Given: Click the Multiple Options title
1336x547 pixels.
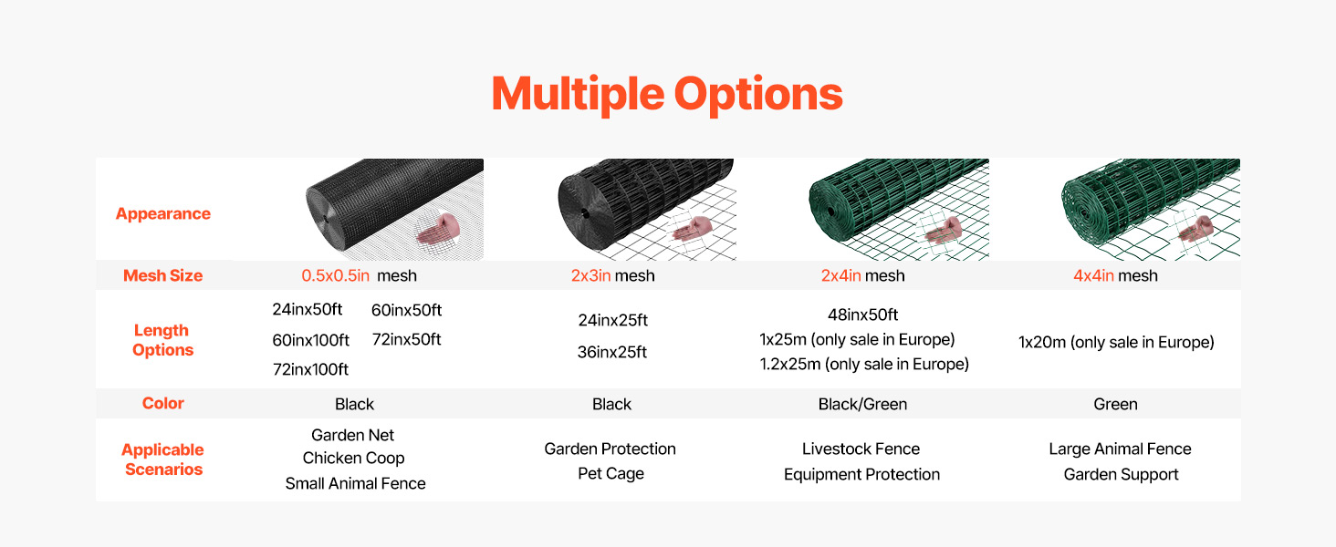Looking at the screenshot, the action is pos(667,94).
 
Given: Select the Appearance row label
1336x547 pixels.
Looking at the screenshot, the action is pos(162,214).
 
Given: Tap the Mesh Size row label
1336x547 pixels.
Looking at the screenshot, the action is pos(162,275).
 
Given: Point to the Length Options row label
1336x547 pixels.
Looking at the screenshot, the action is pos(162,340).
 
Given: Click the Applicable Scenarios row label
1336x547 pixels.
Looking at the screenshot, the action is pos(162,459).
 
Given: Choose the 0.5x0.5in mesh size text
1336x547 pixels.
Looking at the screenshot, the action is pos(359,275).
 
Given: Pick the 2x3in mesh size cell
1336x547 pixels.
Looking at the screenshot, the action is pos(612,275).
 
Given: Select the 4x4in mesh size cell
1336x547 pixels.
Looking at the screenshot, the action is pos(1115,275).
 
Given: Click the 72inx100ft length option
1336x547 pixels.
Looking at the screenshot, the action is pos(310,369).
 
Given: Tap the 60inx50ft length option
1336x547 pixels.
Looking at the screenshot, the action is pos(406,310).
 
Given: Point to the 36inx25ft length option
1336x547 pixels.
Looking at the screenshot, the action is pos(612,352).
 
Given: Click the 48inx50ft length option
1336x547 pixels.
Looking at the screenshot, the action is pos(862,315).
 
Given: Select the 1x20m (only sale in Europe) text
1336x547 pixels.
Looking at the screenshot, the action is pos(1116,342).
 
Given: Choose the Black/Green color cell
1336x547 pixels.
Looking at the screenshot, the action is pos(862,404).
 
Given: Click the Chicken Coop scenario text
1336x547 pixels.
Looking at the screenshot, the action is pos(353,459).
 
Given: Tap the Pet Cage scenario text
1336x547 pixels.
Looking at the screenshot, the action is pos(611,474).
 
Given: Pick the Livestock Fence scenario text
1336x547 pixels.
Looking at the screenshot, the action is pos(861,449).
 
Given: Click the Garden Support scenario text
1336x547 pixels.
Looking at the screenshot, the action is pos(1121,474).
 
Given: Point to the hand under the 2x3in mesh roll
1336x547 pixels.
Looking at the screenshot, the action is pos(692,229).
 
